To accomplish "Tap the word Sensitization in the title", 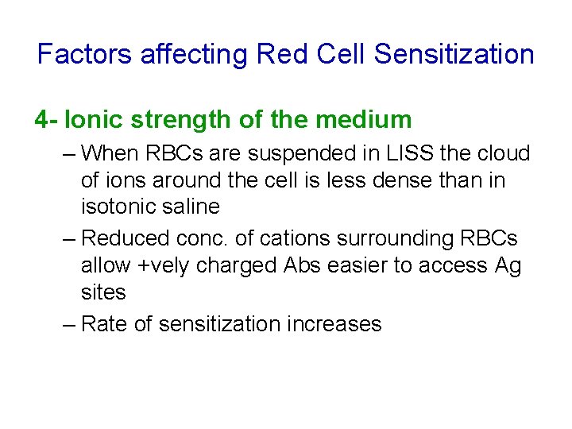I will pyautogui.click(x=454, y=55).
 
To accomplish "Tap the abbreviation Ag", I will pyautogui.click(x=508, y=265).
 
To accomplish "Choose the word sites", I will pyautogui.click(x=103, y=292).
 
